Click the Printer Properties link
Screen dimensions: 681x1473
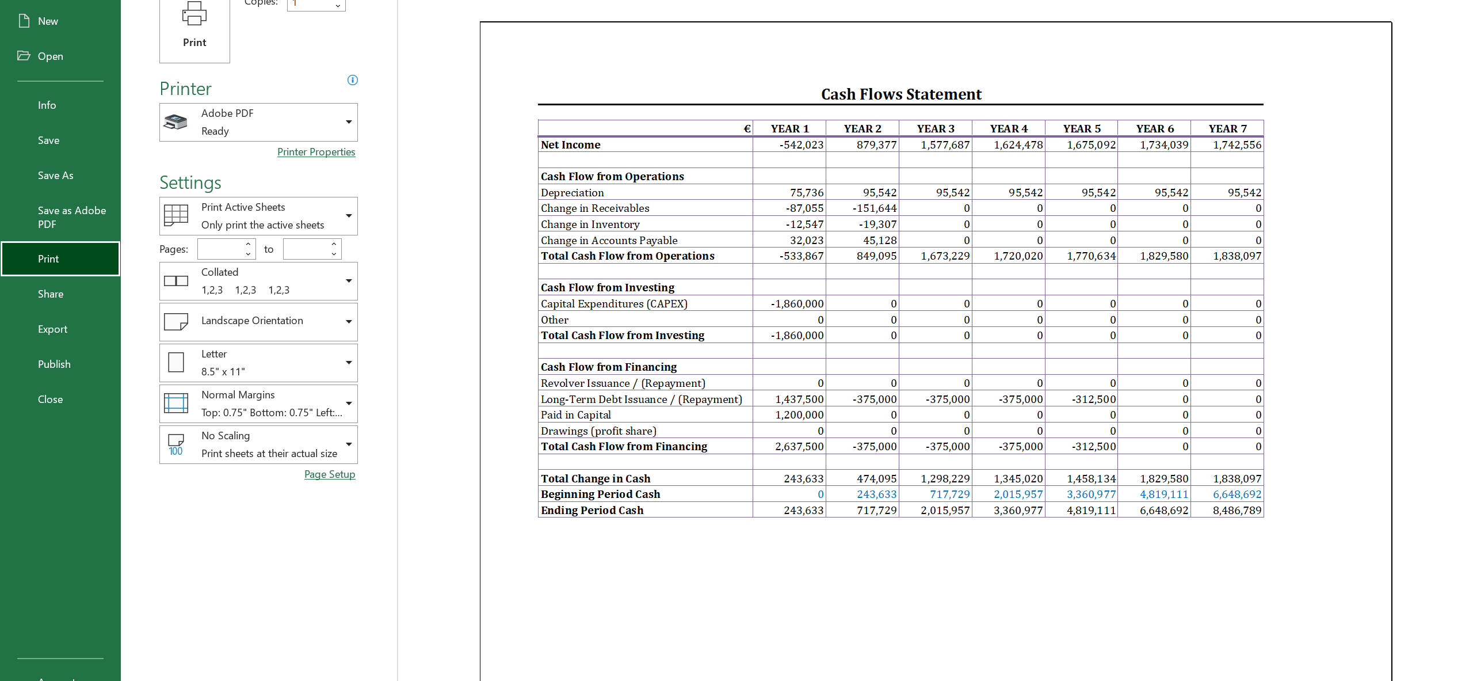pyautogui.click(x=316, y=152)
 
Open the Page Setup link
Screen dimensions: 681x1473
pyautogui.click(x=329, y=474)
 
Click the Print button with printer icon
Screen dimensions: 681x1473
pyautogui.click(x=194, y=29)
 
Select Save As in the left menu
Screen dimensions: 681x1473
pyautogui.click(x=55, y=176)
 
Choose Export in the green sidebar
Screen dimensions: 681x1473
pyautogui.click(x=52, y=329)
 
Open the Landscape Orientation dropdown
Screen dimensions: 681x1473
pyautogui.click(x=258, y=322)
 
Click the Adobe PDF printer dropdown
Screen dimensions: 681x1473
pyautogui.click(x=258, y=122)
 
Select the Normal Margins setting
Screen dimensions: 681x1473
pyautogui.click(x=258, y=404)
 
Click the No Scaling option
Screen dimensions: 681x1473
pyautogui.click(x=258, y=444)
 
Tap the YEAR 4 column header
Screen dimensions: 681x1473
pyautogui.click(x=1008, y=129)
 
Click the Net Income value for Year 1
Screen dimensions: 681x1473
pyautogui.click(x=801, y=145)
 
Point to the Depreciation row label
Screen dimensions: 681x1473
pyautogui.click(x=572, y=193)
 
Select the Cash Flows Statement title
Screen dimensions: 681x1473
pyautogui.click(x=901, y=94)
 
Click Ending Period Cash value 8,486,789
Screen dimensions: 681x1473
pyautogui.click(x=1237, y=511)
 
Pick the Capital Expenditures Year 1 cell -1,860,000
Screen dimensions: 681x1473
pyautogui.click(x=797, y=304)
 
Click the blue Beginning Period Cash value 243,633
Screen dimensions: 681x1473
pyautogui.click(x=876, y=494)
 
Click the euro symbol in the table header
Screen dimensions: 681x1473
pyautogui.click(x=747, y=129)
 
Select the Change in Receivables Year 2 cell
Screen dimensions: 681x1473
pyautogui.click(x=874, y=208)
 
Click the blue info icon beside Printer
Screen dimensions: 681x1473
pyautogui.click(x=353, y=80)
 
